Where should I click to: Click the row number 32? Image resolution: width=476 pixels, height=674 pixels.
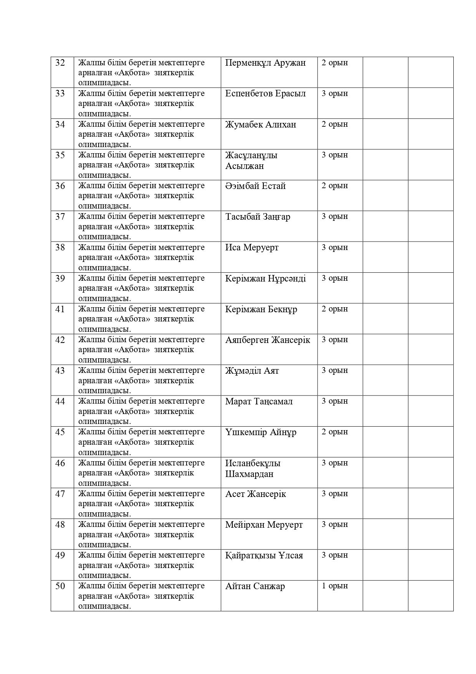click(x=60, y=63)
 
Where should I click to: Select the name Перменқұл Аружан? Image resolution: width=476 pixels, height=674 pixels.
click(x=265, y=63)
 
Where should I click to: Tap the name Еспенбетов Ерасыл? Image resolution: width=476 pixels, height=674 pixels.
click(x=265, y=93)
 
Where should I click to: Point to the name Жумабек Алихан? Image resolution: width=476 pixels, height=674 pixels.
click(x=261, y=124)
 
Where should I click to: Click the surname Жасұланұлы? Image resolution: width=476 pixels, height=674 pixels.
click(x=251, y=155)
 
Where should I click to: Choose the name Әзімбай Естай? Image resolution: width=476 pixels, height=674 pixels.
click(x=255, y=186)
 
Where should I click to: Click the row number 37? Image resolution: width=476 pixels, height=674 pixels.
click(x=60, y=217)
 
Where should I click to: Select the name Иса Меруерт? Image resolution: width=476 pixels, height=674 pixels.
click(x=252, y=247)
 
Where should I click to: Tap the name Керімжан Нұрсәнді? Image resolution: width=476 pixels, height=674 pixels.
click(x=265, y=278)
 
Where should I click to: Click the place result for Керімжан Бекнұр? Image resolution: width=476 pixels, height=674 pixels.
click(x=335, y=309)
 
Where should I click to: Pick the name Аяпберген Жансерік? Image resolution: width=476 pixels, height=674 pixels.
click(x=268, y=340)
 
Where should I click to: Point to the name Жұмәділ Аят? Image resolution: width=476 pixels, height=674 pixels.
click(x=252, y=371)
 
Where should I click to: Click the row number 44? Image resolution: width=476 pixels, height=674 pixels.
click(x=60, y=401)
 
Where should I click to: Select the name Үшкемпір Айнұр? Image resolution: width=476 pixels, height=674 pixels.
click(x=261, y=432)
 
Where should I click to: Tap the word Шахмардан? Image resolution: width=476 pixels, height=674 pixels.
click(x=249, y=474)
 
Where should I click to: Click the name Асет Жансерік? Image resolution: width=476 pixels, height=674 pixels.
click(x=256, y=494)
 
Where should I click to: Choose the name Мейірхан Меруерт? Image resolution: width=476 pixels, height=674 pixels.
click(x=264, y=525)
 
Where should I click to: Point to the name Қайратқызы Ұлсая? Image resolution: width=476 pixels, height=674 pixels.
click(x=264, y=555)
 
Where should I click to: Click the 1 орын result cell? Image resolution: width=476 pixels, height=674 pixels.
click(x=335, y=586)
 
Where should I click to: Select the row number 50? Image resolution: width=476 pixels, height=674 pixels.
click(x=60, y=586)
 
